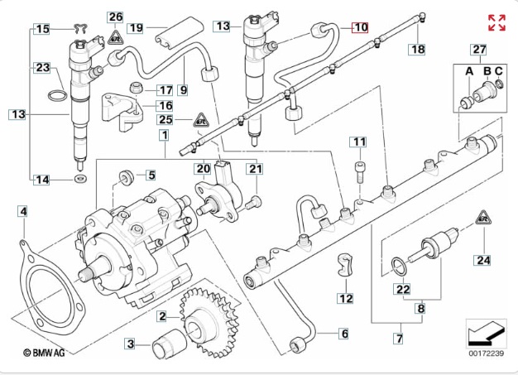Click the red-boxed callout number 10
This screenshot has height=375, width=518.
[359, 27]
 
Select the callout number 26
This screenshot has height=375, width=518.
[115, 17]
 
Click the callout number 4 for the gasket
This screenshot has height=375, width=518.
[23, 213]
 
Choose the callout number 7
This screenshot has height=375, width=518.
[397, 339]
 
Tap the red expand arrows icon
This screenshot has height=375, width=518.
[497, 22]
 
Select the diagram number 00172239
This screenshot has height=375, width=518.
[485, 353]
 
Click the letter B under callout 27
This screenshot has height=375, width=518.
[487, 72]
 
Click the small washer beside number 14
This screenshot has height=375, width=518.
[79, 177]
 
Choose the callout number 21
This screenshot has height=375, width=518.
[256, 170]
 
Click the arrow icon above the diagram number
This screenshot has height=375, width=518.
[483, 333]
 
